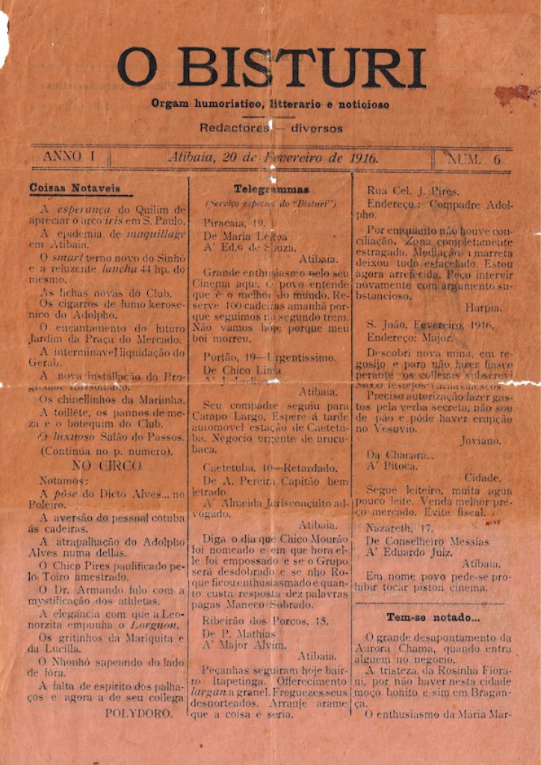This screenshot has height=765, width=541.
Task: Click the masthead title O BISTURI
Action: [271, 69]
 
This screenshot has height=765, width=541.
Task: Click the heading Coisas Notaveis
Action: [75, 188]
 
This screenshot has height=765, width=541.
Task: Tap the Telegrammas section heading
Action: [271, 189]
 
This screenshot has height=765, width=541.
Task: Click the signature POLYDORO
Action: [138, 713]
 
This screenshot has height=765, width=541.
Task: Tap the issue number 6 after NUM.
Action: [496, 159]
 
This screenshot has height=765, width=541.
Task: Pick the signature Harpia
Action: [483, 307]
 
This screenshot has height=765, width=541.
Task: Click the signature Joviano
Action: [480, 441]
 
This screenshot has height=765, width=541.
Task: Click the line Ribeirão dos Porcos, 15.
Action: [266, 620]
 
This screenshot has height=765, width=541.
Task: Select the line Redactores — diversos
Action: [270, 128]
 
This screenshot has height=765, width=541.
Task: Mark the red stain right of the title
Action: [516, 94]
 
